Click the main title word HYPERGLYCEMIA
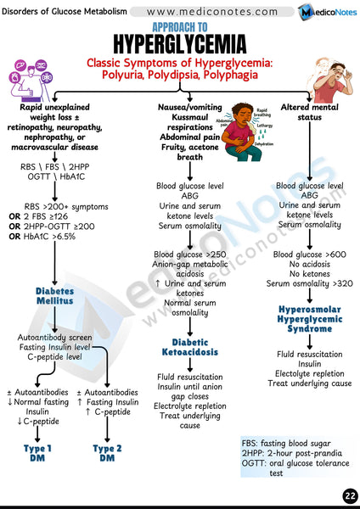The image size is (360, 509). tap(180, 42)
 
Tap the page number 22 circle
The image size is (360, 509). tap(349, 495)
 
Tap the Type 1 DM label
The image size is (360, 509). tap(37, 452)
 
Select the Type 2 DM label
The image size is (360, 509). tap(108, 452)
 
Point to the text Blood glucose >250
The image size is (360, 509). tap(190, 255)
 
